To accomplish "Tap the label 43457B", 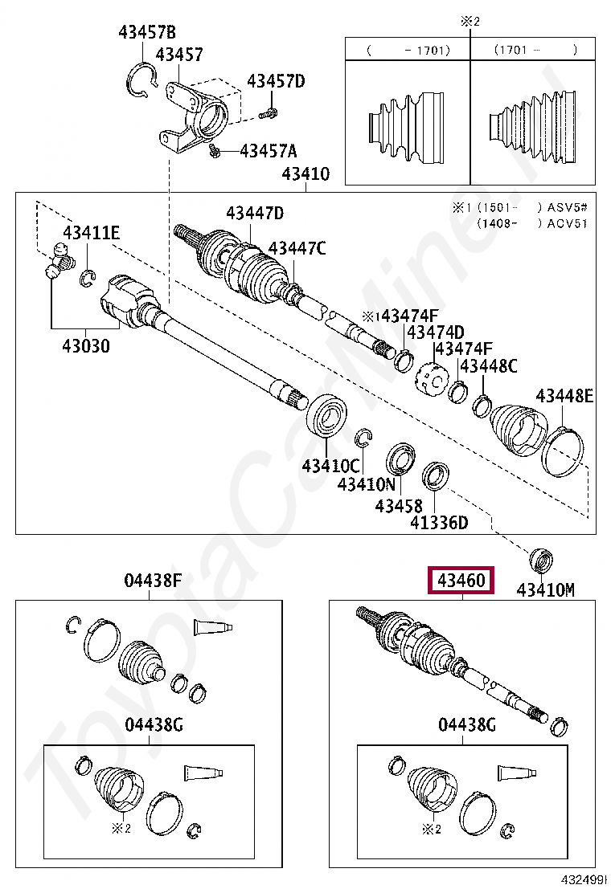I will (146, 33).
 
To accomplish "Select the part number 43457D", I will (276, 81).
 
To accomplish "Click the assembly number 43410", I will (305, 174).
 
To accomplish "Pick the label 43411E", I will (92, 233).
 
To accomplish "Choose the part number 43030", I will (87, 346).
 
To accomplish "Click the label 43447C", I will (297, 248).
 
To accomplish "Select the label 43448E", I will (564, 395).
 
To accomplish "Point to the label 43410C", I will (330, 465).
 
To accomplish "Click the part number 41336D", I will (438, 523).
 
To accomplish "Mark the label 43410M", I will (545, 590).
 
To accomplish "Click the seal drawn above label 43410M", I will (540, 559).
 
